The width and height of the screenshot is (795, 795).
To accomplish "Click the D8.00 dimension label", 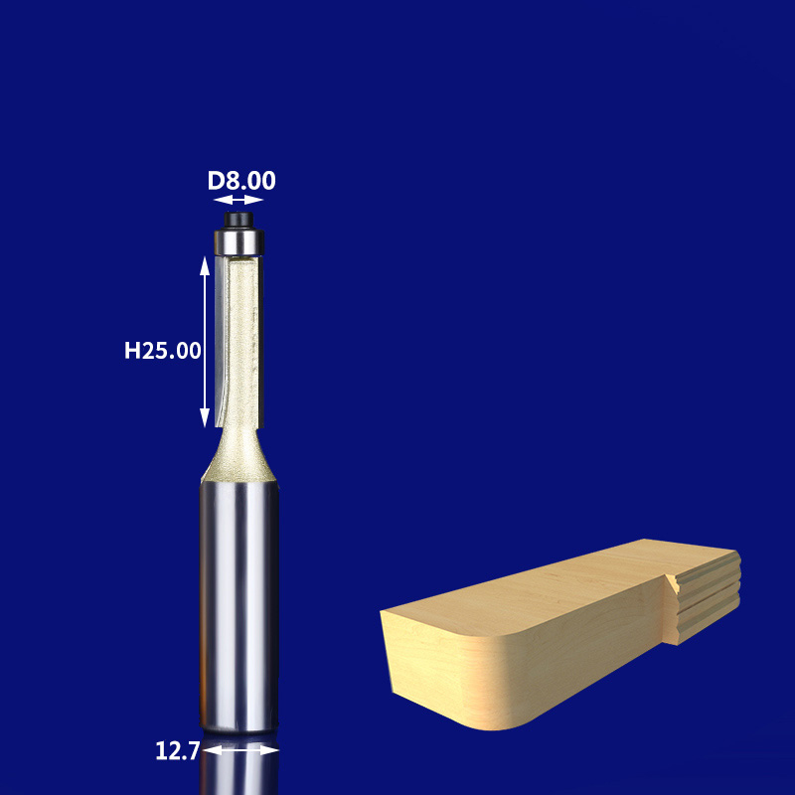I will tap(241, 181).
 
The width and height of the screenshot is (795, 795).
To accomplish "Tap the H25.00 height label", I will tap(163, 350).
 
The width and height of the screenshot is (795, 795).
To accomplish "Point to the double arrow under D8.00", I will tap(239, 200).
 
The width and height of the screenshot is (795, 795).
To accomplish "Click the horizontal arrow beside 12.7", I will tap(240, 751).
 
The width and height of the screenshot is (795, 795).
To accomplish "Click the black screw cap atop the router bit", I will tap(239, 216).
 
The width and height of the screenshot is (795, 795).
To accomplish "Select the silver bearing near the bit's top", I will tap(239, 239).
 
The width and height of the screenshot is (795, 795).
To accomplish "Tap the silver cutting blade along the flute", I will tap(221, 338).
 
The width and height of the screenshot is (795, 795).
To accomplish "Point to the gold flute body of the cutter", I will tap(244, 338).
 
